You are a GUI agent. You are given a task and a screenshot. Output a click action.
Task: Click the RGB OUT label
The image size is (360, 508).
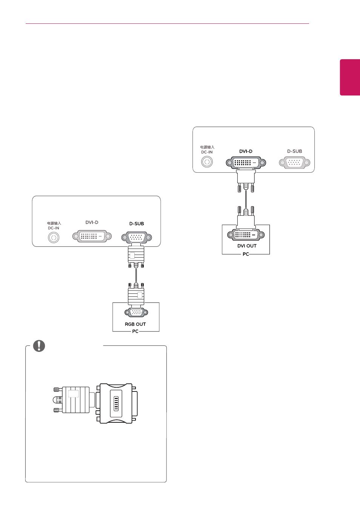[135, 324]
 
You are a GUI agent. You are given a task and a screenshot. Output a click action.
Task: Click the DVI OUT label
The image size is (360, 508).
[247, 246]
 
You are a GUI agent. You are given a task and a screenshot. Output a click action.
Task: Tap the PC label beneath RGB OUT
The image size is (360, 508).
[135, 332]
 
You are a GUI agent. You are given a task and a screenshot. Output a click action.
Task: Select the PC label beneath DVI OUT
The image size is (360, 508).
[246, 254]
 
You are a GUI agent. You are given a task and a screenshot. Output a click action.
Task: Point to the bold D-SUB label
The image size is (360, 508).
[137, 224]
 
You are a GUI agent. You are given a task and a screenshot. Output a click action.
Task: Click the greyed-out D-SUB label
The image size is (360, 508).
[295, 151]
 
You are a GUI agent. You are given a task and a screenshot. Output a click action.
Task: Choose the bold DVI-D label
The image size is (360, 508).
[246, 151]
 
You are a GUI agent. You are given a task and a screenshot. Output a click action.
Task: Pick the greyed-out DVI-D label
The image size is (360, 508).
[92, 223]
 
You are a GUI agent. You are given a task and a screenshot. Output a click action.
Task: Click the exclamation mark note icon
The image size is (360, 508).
[39, 346]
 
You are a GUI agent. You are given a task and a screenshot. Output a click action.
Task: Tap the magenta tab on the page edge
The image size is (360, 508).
[350, 77]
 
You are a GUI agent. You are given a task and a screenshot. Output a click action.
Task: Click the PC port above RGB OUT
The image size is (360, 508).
[136, 313]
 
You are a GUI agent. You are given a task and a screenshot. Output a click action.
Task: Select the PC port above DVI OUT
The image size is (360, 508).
[246, 235]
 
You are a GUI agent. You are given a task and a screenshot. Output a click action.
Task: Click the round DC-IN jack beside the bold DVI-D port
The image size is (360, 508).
[207, 162]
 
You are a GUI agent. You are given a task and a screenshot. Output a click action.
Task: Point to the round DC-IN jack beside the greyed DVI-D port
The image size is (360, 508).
[54, 238]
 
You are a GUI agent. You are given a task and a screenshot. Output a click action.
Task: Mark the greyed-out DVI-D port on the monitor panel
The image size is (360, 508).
[92, 236]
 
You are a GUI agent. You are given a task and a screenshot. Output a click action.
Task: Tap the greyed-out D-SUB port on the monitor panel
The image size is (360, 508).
[295, 163]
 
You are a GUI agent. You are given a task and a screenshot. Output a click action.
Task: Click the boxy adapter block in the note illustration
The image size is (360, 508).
[117, 404]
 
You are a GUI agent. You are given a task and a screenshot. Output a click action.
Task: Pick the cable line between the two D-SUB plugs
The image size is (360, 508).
[136, 276]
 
